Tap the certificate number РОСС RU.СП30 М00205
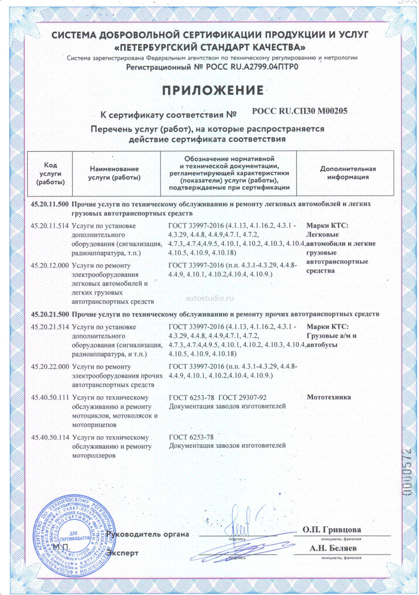(299, 112)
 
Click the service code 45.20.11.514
(50, 225)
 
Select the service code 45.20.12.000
(50, 265)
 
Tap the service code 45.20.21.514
(50, 327)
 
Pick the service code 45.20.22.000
(50, 367)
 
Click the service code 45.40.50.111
(50, 397)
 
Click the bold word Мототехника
(329, 397)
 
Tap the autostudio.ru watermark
(209, 298)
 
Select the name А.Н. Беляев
(333, 549)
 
